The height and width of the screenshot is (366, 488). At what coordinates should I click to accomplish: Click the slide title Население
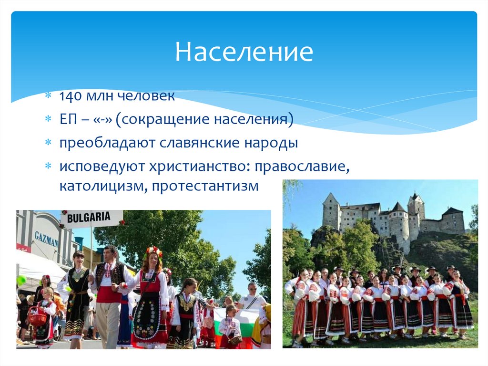coord(244,52)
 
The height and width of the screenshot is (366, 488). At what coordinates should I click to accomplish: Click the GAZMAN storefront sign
coord(46,239)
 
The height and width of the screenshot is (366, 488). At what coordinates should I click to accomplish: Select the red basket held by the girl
coord(37,317)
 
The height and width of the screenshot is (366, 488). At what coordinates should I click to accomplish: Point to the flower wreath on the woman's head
coord(153,251)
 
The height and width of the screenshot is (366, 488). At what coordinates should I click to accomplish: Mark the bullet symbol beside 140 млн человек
coord(48,97)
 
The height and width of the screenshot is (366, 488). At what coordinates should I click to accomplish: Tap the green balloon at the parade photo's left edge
coord(21,280)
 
